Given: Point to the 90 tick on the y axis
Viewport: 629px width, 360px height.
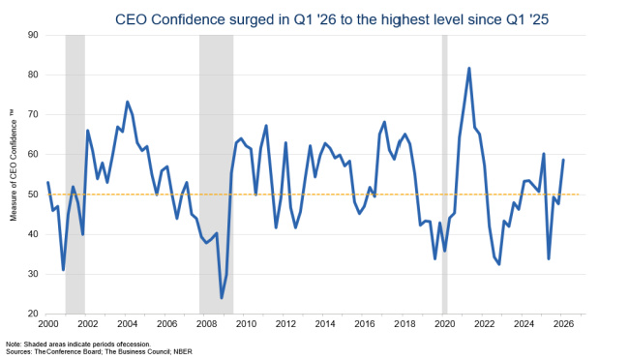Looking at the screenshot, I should pos(32,35).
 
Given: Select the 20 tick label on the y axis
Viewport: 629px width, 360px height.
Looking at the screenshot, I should pos(32,315).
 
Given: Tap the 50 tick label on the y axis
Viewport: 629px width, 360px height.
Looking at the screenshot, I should pos(32,195).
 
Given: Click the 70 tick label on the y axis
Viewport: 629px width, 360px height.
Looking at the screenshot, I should pos(32,115).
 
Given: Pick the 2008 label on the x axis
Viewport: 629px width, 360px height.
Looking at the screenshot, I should pos(206,323).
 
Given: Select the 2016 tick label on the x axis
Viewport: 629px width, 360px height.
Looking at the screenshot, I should pos(365,323).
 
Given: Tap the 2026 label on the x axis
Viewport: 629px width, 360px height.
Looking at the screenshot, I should pos(563,323).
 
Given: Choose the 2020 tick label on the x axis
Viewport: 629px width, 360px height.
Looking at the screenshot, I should pos(444,323).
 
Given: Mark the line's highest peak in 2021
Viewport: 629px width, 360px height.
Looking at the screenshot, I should pos(469,69).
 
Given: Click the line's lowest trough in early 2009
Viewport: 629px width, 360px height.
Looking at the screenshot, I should pos(222,297).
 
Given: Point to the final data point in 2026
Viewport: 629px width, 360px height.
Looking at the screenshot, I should pos(563,160).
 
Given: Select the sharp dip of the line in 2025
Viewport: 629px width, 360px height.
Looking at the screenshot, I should pos(549,258).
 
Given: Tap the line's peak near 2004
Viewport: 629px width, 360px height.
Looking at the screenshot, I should pos(128,102).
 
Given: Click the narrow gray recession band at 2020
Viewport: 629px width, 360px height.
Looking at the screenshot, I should pos(444,174).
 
